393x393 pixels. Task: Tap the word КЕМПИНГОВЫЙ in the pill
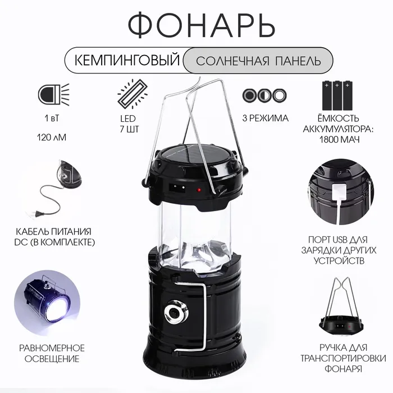[x=127, y=61]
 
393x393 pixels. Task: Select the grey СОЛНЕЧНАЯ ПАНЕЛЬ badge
[x=258, y=61]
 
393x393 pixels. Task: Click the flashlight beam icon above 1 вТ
[x=54, y=94]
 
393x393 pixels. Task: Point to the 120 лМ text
[x=52, y=138]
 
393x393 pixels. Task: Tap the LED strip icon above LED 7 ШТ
[x=132, y=94]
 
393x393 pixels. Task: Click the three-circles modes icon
[x=264, y=95]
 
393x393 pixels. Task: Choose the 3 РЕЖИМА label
[x=265, y=118]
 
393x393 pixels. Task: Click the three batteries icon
[x=337, y=95]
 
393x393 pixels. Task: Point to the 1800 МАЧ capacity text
[x=339, y=139]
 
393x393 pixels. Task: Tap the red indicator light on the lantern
[x=199, y=190]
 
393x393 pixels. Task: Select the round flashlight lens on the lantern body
[x=175, y=313]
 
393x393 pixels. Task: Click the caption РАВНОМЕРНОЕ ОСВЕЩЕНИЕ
[x=52, y=353]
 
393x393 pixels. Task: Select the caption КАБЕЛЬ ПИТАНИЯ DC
[x=54, y=237]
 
